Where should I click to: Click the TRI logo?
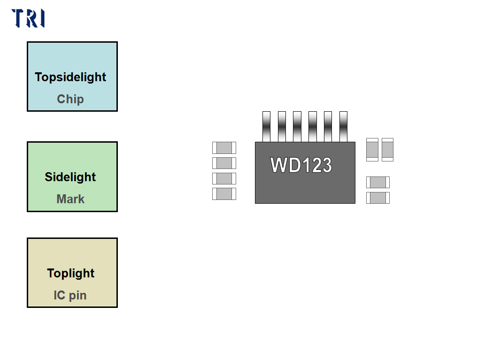[x=28, y=18]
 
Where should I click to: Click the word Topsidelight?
[x=70, y=77]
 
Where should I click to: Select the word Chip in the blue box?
[x=70, y=99]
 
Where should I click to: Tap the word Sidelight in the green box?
[x=70, y=177]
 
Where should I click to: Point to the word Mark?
[x=70, y=199]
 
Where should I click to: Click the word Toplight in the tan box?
[x=71, y=273]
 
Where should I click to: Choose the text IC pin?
[x=70, y=295]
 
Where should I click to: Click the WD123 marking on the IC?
[x=301, y=165]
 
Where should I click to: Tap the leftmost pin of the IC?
[x=266, y=126]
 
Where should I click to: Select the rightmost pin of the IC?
[x=343, y=126]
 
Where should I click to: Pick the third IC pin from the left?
[x=297, y=126]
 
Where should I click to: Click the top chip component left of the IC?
[x=224, y=148]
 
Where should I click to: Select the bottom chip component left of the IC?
[x=224, y=194]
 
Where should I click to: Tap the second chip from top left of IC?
[x=224, y=163]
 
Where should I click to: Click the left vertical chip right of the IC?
[x=372, y=150]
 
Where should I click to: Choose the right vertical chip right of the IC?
[x=387, y=150]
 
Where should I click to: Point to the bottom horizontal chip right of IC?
[x=378, y=198]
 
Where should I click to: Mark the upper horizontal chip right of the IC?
[x=378, y=182]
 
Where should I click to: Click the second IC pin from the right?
[x=328, y=126]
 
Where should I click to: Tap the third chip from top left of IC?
[x=224, y=178]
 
